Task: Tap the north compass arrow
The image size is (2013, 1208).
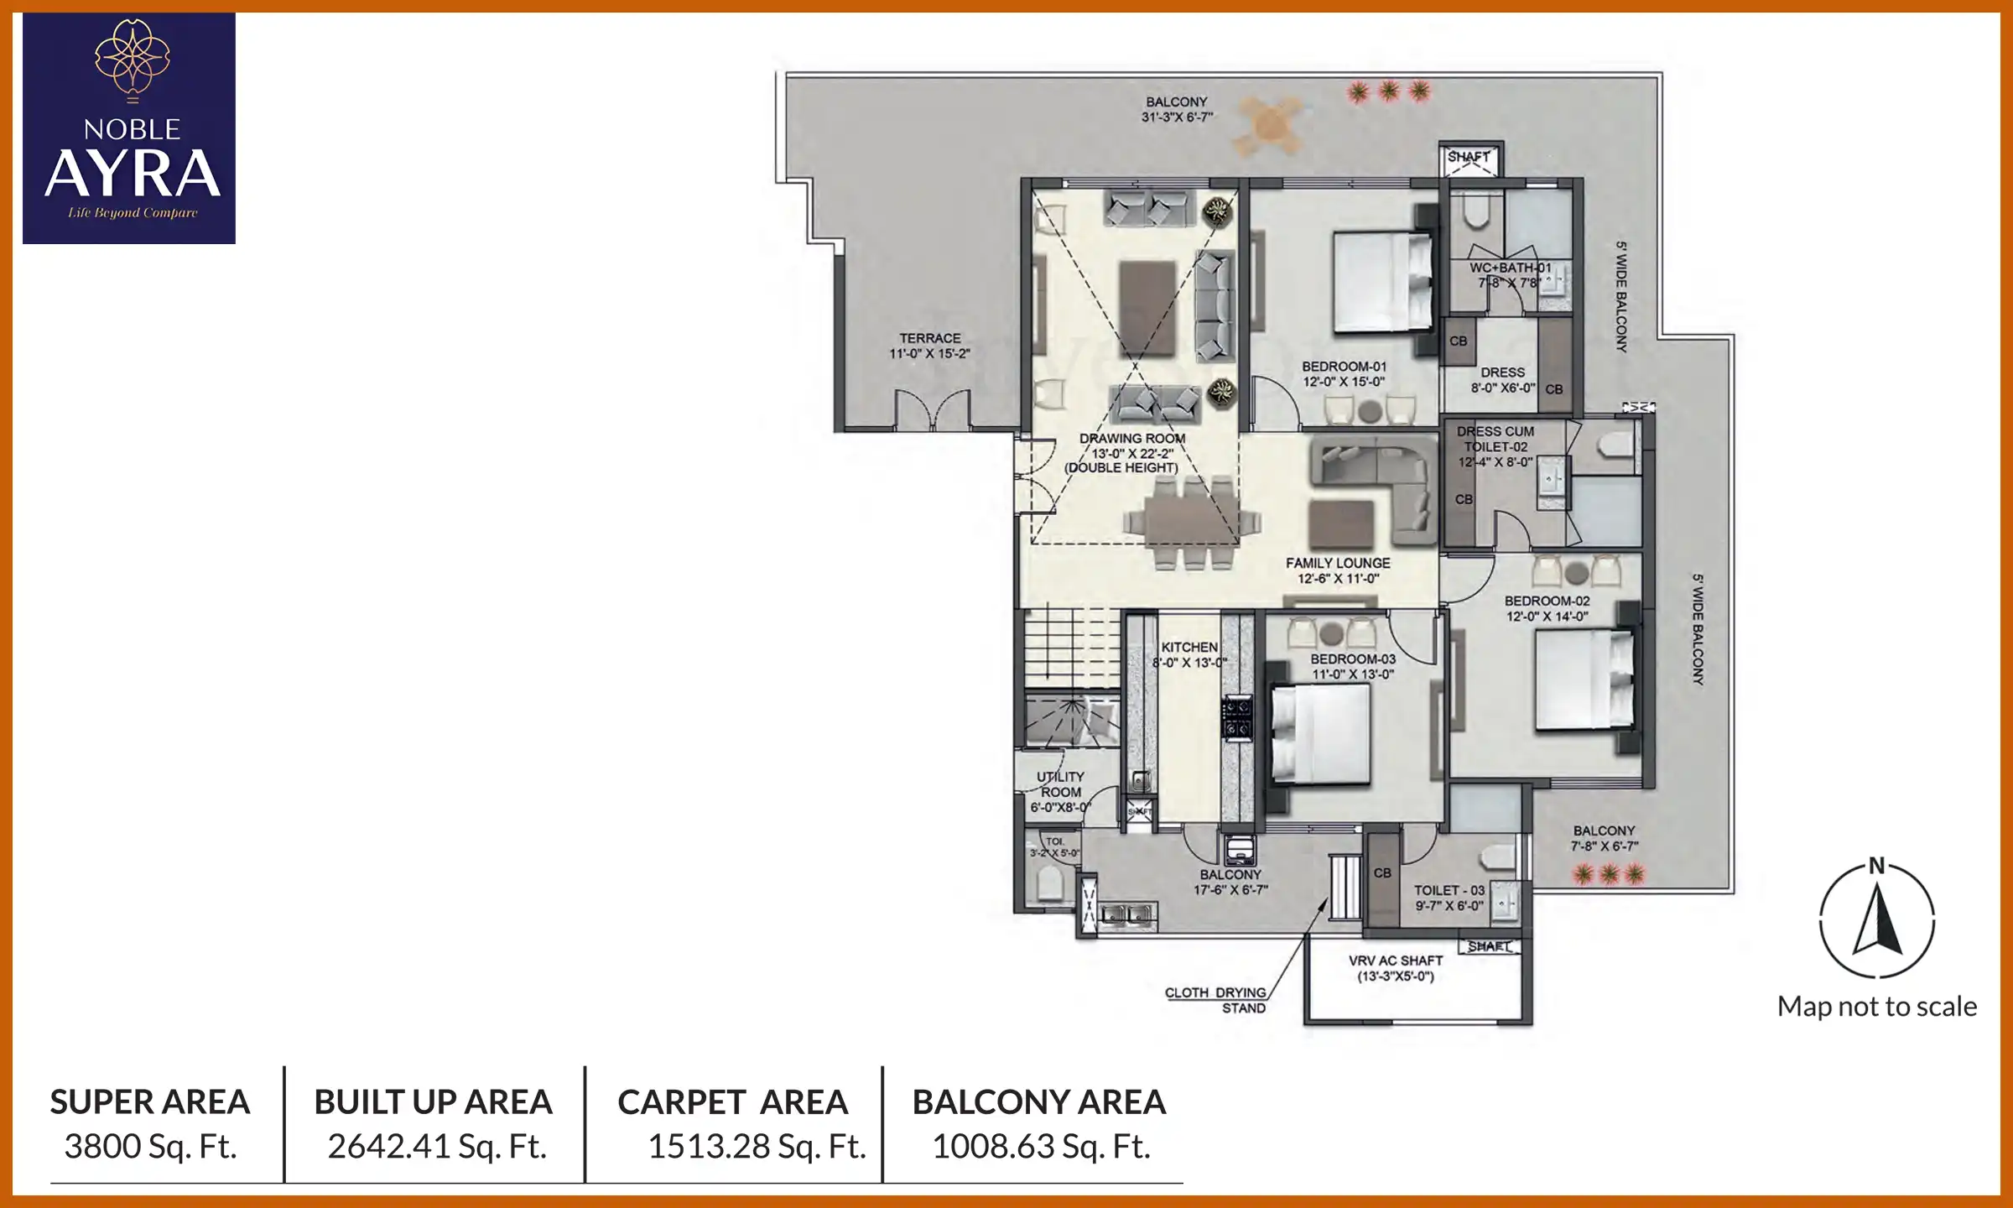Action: [x=1877, y=922]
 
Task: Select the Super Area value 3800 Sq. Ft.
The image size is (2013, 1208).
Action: [x=150, y=1146]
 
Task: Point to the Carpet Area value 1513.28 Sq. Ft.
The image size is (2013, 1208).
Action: [x=757, y=1146]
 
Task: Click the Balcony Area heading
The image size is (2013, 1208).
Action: [x=1039, y=1102]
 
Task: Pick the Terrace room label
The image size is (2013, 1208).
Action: [x=929, y=346]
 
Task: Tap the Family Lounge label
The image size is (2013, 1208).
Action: [x=1338, y=570]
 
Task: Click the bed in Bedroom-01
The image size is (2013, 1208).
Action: [x=1382, y=283]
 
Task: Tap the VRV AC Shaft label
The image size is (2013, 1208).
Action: [x=1396, y=968]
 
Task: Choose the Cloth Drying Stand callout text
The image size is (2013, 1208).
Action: [x=1216, y=1000]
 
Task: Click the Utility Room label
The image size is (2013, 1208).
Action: [x=1060, y=792]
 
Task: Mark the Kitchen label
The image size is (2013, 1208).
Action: [x=1189, y=654]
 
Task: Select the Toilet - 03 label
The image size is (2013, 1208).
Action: [x=1449, y=898]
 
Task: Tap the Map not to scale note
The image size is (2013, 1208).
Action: [x=1877, y=1007]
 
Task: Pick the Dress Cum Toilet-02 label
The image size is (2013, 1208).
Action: [x=1495, y=446]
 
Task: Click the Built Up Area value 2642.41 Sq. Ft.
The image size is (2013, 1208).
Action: [x=436, y=1146]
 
